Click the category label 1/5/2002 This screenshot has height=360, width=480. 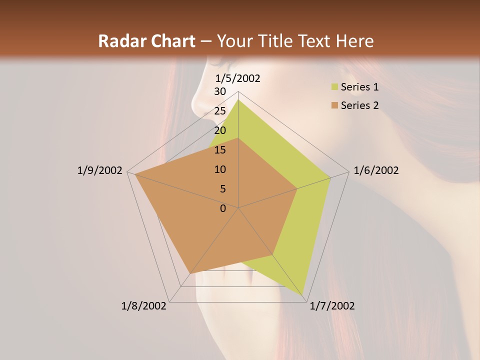click(238, 78)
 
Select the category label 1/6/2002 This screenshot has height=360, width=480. click(376, 170)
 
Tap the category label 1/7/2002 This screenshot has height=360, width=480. click(332, 306)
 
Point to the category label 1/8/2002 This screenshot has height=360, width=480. click(144, 306)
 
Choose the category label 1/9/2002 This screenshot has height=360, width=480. click(99, 170)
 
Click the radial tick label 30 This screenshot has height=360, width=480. click(220, 91)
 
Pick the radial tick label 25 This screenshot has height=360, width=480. click(220, 111)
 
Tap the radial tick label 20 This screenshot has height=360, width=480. click(220, 130)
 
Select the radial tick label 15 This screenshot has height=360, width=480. click(220, 150)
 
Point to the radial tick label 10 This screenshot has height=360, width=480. click(220, 169)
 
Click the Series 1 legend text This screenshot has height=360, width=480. click(359, 87)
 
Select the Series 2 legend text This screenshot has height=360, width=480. click(359, 105)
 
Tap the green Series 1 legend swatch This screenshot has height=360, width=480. click(334, 87)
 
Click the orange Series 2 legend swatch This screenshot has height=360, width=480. click(334, 105)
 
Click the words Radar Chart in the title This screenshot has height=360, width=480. click(146, 41)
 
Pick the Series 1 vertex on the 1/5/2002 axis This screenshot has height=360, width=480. click(238, 99)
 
